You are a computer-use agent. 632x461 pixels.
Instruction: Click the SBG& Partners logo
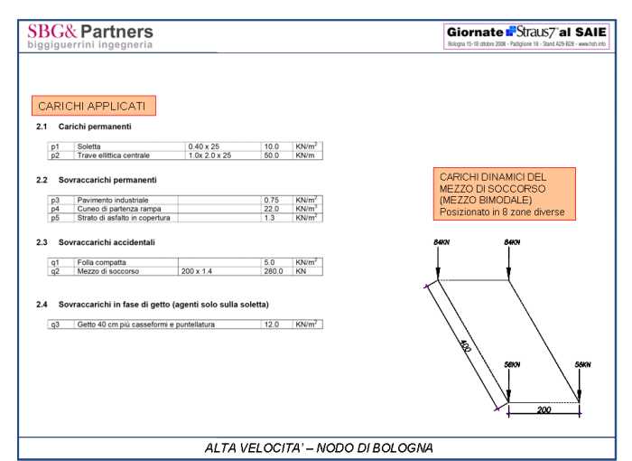click(x=90, y=35)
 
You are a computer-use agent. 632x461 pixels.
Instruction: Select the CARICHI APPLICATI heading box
click(x=93, y=106)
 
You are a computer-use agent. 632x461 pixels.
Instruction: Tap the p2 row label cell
click(x=54, y=155)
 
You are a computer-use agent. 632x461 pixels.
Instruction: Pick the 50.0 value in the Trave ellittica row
click(x=271, y=155)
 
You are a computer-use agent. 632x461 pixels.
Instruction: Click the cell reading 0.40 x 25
click(x=204, y=146)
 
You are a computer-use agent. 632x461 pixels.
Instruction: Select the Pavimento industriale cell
click(x=113, y=200)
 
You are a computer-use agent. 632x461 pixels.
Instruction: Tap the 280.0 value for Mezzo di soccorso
click(x=273, y=271)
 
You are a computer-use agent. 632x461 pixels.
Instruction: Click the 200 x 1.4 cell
click(x=197, y=271)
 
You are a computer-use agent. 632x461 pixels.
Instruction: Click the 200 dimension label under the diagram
click(x=544, y=409)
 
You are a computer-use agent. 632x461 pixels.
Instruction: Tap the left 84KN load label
click(x=441, y=243)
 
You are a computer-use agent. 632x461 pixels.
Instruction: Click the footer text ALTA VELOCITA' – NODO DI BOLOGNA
click(x=319, y=447)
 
